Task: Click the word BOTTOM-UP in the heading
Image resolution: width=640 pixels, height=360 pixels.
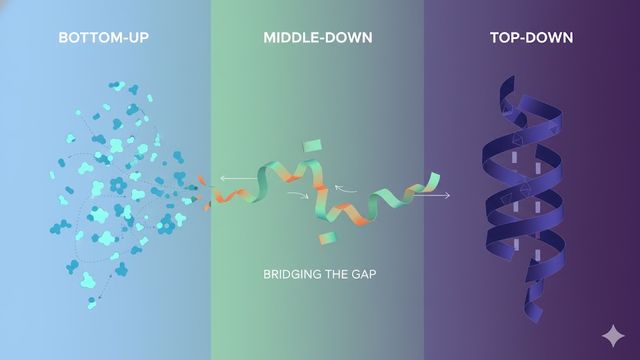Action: point(106,38)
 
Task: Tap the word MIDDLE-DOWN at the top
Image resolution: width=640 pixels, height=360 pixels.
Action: point(318,38)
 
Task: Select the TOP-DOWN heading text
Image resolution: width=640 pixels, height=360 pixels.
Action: point(531,38)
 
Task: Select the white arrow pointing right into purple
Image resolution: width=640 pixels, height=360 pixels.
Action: point(431,196)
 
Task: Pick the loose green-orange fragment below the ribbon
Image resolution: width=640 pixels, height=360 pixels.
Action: point(324,238)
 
